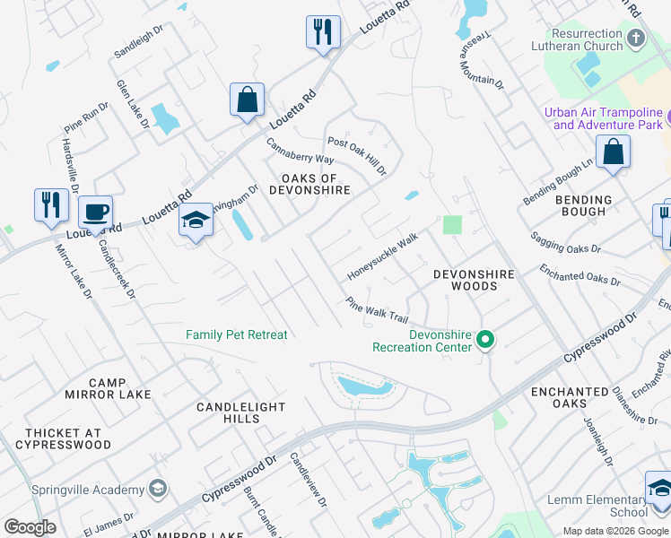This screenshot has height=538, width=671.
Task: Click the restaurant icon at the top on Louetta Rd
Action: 322,32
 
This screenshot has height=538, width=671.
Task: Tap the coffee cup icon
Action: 95,213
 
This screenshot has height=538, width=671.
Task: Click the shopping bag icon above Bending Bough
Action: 613,152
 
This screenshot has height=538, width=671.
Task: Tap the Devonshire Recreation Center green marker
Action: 485,339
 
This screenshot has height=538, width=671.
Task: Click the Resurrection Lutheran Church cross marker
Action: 636,39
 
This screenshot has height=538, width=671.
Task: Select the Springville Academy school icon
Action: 158,489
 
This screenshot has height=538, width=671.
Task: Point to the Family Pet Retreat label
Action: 237,335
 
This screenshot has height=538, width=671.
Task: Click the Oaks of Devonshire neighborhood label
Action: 309,184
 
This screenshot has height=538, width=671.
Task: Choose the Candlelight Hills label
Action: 241,413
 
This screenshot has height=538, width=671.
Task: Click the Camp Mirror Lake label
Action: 96,388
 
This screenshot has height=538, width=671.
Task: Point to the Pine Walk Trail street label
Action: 377,309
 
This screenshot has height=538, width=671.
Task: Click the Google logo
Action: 30,528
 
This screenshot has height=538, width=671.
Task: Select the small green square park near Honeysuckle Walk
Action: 452,224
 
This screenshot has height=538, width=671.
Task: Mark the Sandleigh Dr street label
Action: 138,42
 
